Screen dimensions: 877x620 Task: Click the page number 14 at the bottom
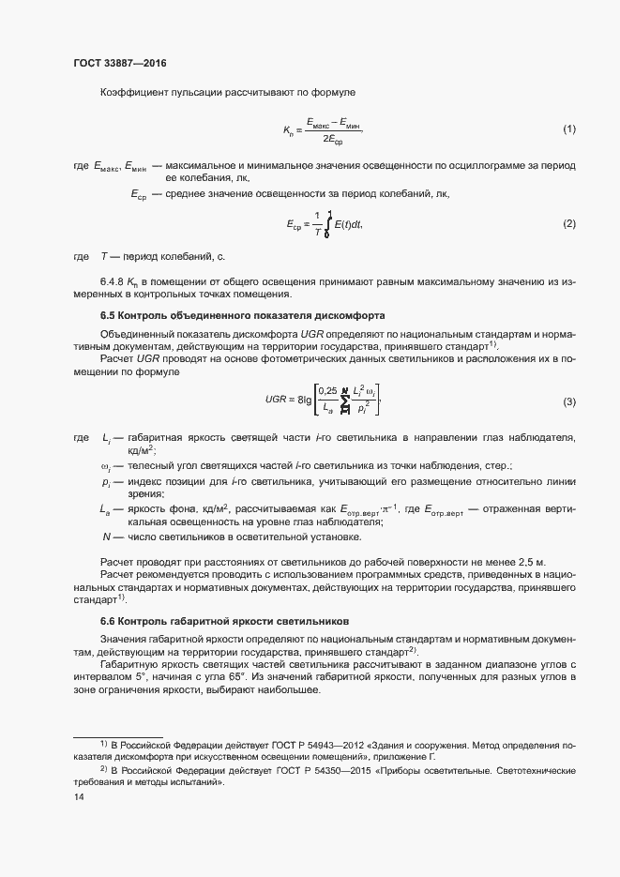(79, 797)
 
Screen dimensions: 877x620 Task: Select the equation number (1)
(568, 129)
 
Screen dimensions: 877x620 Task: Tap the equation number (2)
(568, 224)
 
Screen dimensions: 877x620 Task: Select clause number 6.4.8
(113, 280)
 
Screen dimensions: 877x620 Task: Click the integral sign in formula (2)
(328, 224)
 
